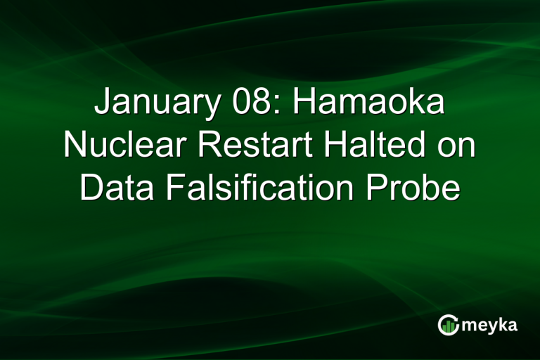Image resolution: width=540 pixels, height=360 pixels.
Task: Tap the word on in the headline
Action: (x=454, y=146)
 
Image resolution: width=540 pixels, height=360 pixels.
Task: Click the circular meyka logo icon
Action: (x=448, y=324)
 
